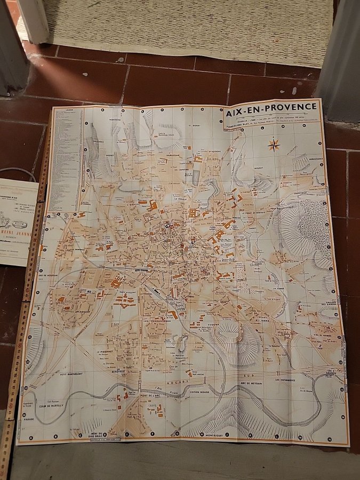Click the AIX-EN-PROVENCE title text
[271, 106]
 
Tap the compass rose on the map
[274, 144]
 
